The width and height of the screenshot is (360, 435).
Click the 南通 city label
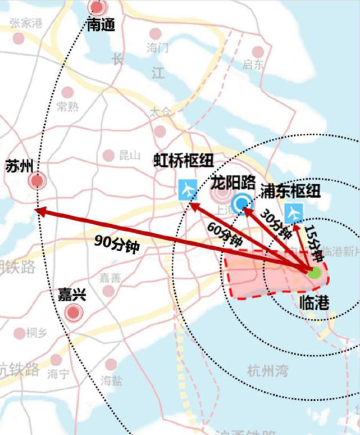(101, 25)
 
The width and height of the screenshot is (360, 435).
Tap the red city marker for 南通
(98, 8)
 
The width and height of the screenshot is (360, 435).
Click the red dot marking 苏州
(38, 181)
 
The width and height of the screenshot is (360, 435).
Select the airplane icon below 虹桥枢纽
(187, 189)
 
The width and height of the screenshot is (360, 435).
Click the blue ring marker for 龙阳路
(243, 201)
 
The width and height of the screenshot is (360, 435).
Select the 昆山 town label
(129, 156)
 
